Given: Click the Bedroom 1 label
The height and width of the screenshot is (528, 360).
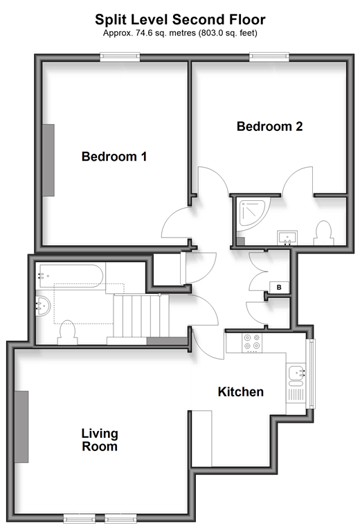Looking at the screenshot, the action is pyautogui.click(x=114, y=157).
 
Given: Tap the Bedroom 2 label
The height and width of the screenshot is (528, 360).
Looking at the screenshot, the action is pyautogui.click(x=269, y=127).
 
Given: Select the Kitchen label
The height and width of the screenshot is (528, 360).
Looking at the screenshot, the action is pyautogui.click(x=240, y=391).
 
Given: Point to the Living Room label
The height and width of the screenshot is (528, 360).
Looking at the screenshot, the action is pyautogui.click(x=100, y=440).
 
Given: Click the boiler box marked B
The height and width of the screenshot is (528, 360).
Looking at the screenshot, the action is pyautogui.click(x=279, y=288).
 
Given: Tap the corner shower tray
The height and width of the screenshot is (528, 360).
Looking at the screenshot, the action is pyautogui.click(x=253, y=214).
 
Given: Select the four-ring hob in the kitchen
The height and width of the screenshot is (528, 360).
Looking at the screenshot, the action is pyautogui.click(x=252, y=343).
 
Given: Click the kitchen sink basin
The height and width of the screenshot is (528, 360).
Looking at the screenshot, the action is pyautogui.click(x=296, y=373).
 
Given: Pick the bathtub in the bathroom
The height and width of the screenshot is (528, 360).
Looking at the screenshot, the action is pyautogui.click(x=71, y=276).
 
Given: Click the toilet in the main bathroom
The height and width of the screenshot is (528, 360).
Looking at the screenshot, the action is pyautogui.click(x=67, y=333).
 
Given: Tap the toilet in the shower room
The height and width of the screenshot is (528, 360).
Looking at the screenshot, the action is pyautogui.click(x=324, y=233).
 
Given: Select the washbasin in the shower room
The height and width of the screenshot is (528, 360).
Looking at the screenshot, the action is pyautogui.click(x=287, y=238).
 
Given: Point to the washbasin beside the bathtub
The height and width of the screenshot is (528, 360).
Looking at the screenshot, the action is pyautogui.click(x=43, y=306).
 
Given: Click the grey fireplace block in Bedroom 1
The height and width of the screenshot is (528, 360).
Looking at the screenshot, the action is pyautogui.click(x=48, y=160).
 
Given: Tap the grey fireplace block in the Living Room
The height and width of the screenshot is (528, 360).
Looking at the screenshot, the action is pyautogui.click(x=21, y=427).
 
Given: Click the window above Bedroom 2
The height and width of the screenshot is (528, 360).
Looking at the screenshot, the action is pyautogui.click(x=269, y=57).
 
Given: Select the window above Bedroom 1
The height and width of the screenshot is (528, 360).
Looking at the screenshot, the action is pyautogui.click(x=120, y=57).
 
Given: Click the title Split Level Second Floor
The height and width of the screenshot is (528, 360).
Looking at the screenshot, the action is pyautogui.click(x=180, y=19).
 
